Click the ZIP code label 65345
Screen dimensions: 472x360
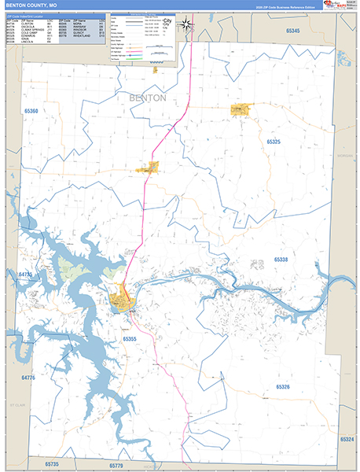coord(293,30)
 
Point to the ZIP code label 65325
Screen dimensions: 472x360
coord(273,142)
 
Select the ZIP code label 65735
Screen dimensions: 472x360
coord(53,466)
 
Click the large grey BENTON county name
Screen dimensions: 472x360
coord(145,98)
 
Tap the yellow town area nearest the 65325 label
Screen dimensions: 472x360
coord(240,110)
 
